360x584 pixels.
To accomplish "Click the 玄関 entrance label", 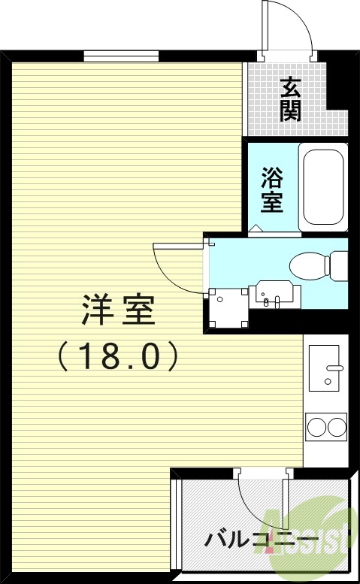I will [x=291, y=99].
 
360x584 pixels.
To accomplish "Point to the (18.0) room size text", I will [x=118, y=356].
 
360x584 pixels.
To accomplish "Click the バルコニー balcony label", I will [x=259, y=540].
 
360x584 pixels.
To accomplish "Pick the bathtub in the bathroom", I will [x=323, y=187].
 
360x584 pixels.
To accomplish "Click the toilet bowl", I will [x=308, y=265].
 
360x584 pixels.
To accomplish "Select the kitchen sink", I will [x=326, y=367].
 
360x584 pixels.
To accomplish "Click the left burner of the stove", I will [x=316, y=428].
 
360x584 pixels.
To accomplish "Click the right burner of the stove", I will [x=336, y=428].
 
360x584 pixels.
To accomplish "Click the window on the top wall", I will [x=121, y=56].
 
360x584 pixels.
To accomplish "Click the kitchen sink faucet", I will [x=334, y=368].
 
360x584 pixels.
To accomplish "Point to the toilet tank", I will [x=339, y=265].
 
